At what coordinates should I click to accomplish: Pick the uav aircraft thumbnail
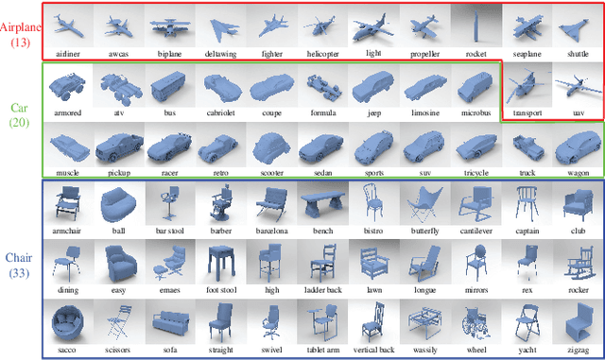click(577, 87)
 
